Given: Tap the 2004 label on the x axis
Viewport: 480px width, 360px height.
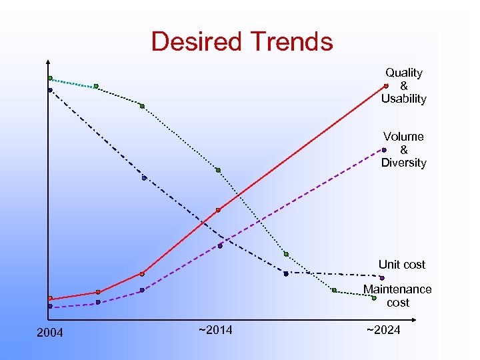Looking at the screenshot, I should tap(50, 333).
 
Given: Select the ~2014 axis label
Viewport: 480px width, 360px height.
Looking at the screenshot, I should tap(215, 329).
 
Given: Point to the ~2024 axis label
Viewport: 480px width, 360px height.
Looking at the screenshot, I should tap(383, 329).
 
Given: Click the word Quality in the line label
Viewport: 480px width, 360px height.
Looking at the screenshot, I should tap(404, 73).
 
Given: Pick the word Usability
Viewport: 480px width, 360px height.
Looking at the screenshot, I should tap(403, 99).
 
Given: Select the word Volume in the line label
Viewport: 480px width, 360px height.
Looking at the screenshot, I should tap(403, 137).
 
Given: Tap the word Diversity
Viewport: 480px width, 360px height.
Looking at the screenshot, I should tap(403, 163).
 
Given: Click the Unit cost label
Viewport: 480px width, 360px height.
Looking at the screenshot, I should tap(401, 265).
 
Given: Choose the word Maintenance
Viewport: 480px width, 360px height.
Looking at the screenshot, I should tap(397, 289).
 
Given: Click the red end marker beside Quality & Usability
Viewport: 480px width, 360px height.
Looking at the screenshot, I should tap(386, 85).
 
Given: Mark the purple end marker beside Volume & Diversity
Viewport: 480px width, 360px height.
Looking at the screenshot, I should tap(385, 150).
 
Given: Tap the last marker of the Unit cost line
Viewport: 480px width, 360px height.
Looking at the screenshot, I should tap(382, 277).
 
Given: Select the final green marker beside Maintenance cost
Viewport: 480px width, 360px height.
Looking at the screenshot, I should tap(374, 298).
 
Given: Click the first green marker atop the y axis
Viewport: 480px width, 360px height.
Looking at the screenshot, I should tap(50, 78).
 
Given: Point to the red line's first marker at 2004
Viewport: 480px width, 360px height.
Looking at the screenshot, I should tap(50, 298).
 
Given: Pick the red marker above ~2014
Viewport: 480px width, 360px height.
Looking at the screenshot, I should tap(218, 210).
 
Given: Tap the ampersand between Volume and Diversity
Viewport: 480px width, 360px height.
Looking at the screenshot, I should tap(403, 150).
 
